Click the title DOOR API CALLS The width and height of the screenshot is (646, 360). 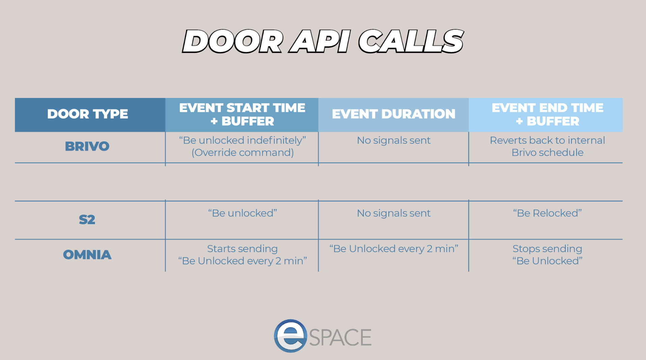323,41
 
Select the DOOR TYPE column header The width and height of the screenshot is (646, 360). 88,114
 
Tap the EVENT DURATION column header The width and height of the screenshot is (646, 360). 393,114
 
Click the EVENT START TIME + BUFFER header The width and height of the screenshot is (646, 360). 242,115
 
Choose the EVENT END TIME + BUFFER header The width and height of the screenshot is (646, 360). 547,115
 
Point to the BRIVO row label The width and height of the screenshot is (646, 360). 87,146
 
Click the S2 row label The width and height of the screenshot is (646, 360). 87,220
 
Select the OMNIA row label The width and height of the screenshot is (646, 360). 87,255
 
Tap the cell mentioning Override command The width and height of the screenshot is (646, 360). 242,146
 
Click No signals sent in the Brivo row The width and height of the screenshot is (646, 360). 393,140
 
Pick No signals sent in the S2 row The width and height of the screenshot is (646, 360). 393,213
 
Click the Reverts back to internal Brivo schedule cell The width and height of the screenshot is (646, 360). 547,146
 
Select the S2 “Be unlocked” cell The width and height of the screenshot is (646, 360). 242,213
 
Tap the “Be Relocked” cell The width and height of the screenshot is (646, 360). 547,213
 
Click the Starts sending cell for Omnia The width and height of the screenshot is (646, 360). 242,255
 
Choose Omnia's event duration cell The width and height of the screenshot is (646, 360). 393,249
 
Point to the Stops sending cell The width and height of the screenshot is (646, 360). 547,255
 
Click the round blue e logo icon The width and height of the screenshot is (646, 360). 290,336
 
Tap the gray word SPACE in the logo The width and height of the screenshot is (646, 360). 340,337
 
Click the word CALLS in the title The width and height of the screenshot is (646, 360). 411,41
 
